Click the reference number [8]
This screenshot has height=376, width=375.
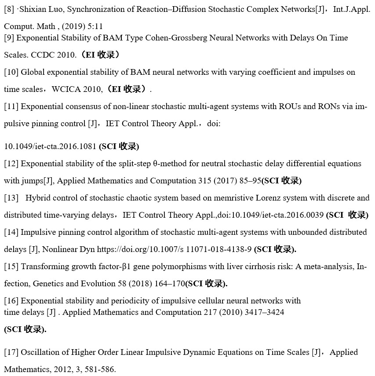[x=10, y=10]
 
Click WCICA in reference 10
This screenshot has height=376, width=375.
[x=64, y=89]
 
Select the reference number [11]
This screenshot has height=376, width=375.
[x=11, y=106]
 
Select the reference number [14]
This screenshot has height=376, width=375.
[x=11, y=232]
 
